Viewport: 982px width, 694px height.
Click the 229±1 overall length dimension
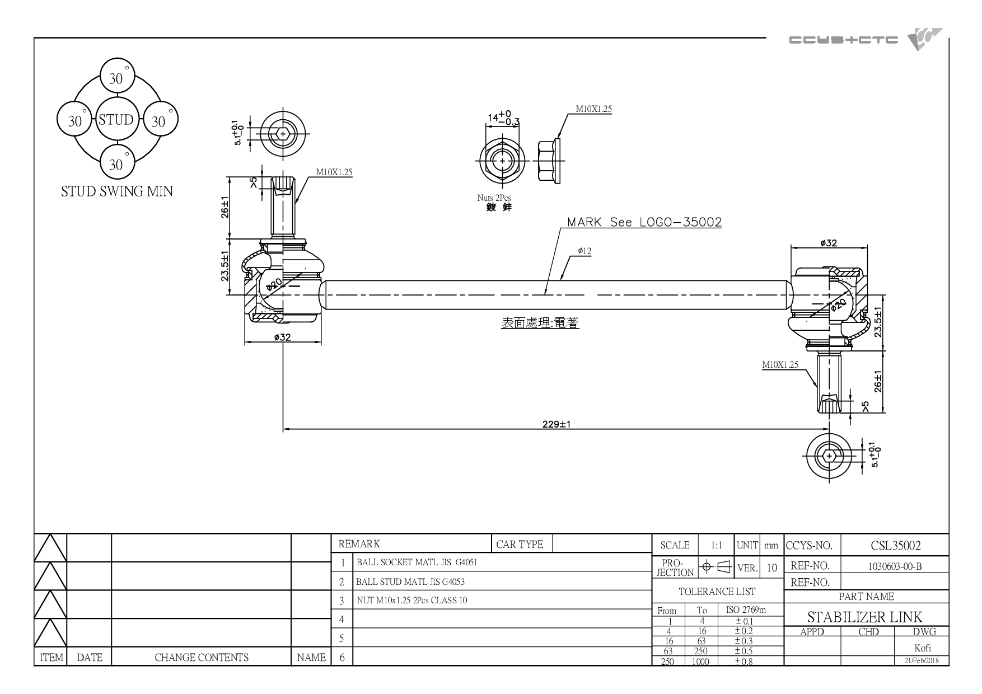tap(557, 424)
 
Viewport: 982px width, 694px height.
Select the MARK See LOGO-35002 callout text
tap(644, 222)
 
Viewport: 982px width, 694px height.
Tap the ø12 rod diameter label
tap(584, 251)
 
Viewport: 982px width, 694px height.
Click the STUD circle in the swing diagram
tap(116, 120)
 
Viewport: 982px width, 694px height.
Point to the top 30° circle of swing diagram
tap(116, 78)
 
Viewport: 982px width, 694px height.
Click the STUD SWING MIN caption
tap(117, 191)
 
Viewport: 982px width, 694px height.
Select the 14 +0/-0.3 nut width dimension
tap(503, 118)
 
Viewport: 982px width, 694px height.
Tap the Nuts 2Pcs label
tap(494, 198)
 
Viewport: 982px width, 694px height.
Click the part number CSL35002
tap(896, 546)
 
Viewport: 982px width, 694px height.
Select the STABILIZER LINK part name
tap(864, 617)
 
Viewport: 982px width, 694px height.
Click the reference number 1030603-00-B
tap(895, 566)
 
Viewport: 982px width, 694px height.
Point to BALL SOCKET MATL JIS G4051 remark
tap(417, 562)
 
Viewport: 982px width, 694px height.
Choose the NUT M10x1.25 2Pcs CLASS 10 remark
tap(412, 601)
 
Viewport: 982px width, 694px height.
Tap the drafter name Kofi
tap(923, 649)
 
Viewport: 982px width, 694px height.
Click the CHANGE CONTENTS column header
tap(202, 658)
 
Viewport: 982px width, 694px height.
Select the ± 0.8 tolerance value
tap(743, 662)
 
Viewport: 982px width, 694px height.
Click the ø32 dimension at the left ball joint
tap(283, 337)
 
